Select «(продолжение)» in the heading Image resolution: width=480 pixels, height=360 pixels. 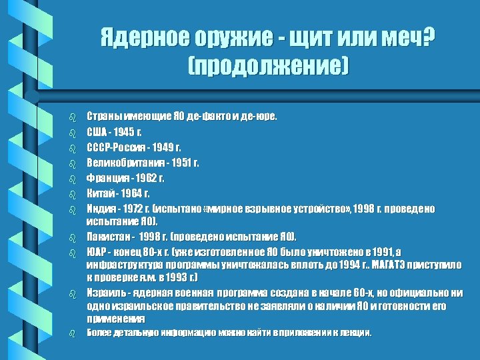click(x=269, y=66)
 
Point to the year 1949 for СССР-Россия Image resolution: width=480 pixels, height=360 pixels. click(x=166, y=147)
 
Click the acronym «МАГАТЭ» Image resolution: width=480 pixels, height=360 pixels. click(x=395, y=265)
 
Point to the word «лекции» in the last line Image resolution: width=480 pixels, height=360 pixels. click(x=355, y=332)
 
